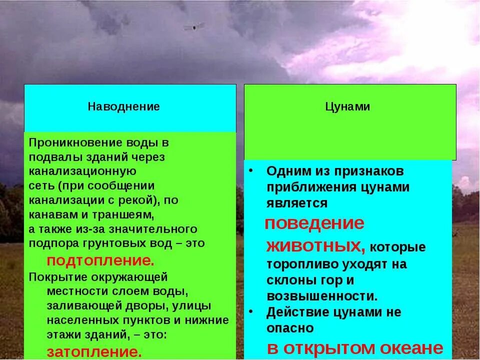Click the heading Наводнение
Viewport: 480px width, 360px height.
coord(124,106)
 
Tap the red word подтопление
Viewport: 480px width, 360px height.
coord(100,261)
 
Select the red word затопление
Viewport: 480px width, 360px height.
coord(94,351)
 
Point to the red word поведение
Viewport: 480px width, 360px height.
coord(314,223)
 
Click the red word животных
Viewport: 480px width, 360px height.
coord(315,246)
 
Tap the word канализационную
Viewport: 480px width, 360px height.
coord(82,171)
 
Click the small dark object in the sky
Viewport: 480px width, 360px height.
coord(194,26)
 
